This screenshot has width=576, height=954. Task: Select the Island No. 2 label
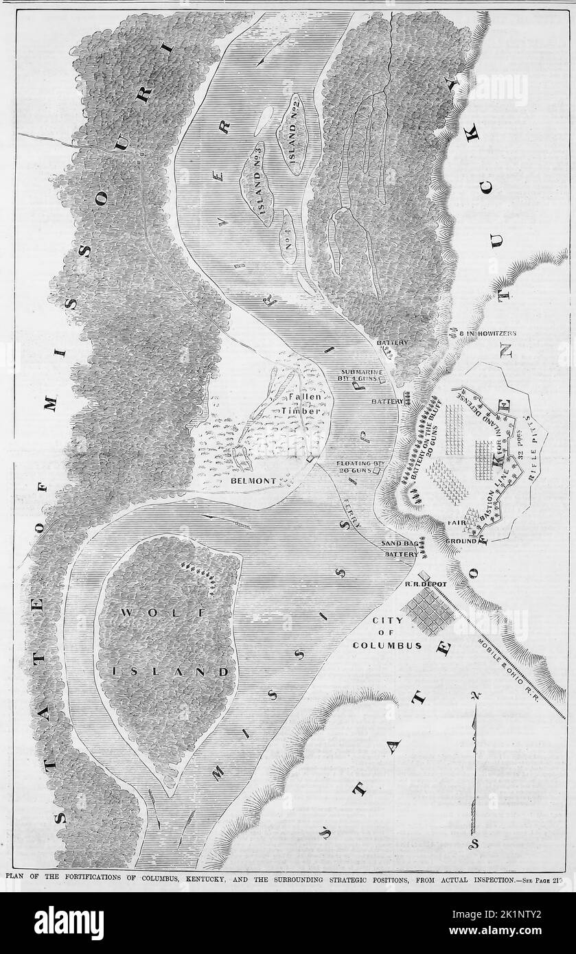point(297,133)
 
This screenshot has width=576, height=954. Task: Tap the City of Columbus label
point(387,633)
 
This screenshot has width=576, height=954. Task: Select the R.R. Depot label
point(425,584)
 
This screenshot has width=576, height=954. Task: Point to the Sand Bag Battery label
point(400,547)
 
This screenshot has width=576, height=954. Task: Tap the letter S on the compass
point(474,842)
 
